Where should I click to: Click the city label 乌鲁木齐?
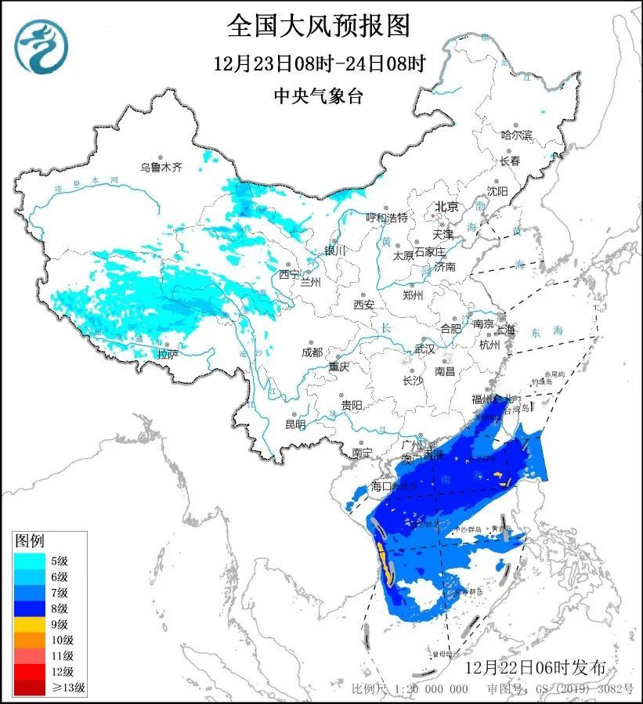(161, 167)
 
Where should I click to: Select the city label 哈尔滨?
(516, 135)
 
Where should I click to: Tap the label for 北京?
(446, 207)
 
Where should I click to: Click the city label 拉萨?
(168, 354)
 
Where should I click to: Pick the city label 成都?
(312, 352)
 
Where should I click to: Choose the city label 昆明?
(295, 424)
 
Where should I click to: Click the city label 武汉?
(424, 348)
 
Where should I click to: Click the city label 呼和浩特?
(387, 217)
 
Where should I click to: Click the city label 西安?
(365, 304)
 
